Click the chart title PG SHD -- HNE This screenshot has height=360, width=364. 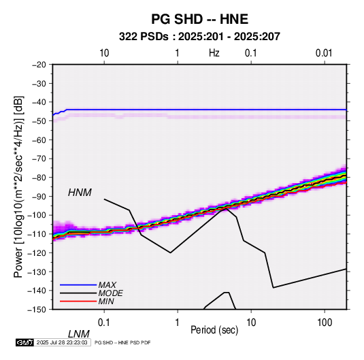click(x=199, y=19)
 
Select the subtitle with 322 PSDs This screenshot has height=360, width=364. click(x=199, y=37)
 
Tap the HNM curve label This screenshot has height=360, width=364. click(x=80, y=193)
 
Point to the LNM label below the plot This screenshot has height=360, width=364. click(x=78, y=334)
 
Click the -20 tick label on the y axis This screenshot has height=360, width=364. click(x=39, y=65)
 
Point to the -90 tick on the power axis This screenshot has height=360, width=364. click(x=39, y=196)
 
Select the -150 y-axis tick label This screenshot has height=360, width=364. click(x=37, y=310)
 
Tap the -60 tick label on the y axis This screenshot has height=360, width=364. click(x=39, y=140)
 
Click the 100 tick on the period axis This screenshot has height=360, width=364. click(x=325, y=323)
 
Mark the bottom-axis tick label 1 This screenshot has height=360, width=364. click(x=178, y=323)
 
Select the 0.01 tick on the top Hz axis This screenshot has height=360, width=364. click(x=324, y=53)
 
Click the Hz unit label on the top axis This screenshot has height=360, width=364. click(x=214, y=53)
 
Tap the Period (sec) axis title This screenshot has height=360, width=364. click(x=214, y=330)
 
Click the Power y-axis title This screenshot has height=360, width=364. click(x=18, y=187)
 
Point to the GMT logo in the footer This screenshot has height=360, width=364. click(x=24, y=342)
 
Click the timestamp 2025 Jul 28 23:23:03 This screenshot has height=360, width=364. click(x=62, y=342)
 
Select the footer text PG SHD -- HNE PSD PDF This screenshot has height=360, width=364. click(x=122, y=342)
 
